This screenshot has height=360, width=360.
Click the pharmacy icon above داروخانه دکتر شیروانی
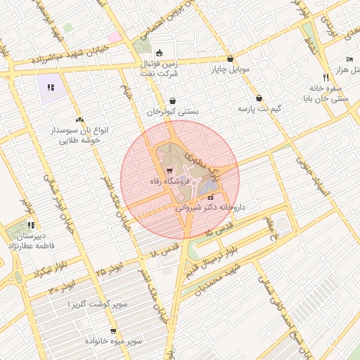point(211,198)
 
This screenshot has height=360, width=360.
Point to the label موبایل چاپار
point(230,70)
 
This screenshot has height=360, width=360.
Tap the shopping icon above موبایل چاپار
point(230,60)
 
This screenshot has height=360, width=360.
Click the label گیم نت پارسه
point(260,109)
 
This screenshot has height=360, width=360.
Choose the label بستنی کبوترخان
point(173,111)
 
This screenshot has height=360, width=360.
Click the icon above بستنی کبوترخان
point(173,101)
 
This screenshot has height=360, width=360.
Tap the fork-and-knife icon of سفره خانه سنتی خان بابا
point(325,76)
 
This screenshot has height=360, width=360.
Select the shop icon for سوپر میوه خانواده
point(112,330)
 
